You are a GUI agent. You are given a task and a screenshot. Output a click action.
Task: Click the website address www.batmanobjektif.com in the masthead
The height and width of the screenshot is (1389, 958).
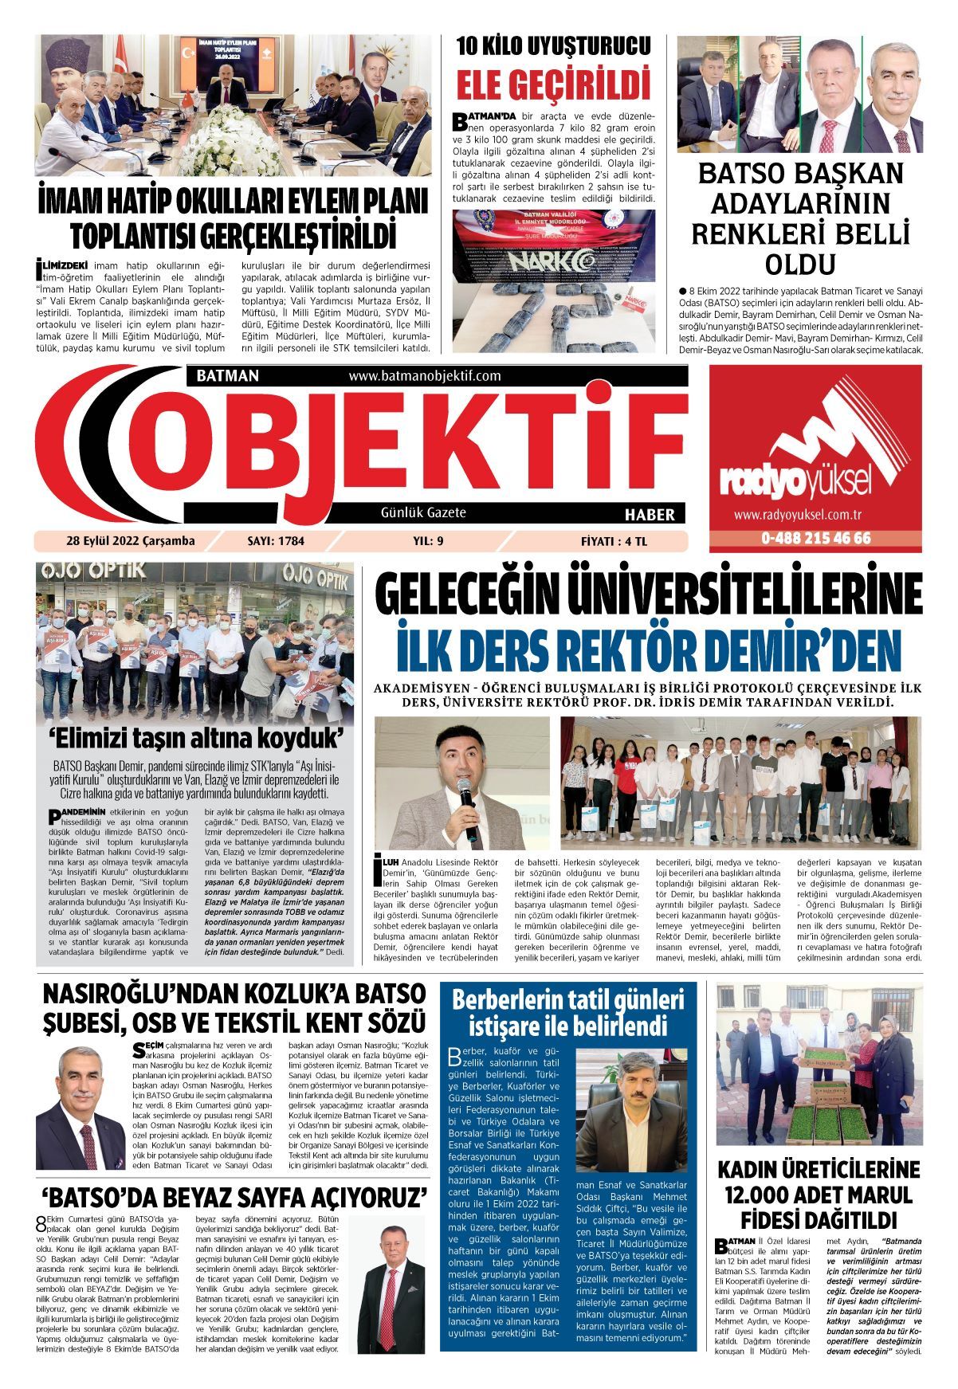tap(424, 376)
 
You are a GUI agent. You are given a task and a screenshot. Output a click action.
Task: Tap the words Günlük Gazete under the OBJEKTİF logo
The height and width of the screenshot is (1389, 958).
tap(423, 512)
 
